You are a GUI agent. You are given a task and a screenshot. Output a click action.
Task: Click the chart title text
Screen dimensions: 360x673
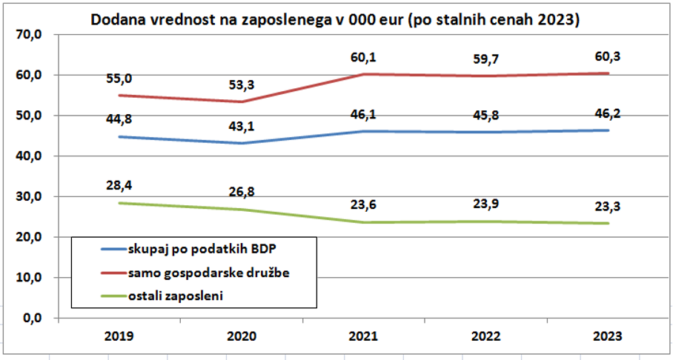[334, 20]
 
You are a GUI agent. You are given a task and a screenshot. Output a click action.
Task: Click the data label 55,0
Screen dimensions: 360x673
[119, 78]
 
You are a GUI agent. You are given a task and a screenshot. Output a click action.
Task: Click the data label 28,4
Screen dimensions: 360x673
[119, 184]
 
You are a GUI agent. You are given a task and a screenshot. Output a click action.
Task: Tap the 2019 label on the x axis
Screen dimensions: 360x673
[119, 336]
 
